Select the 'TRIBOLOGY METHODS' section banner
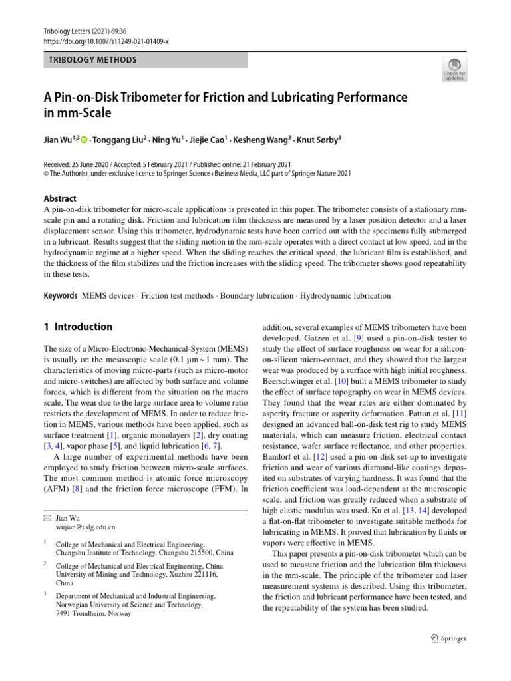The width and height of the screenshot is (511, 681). click(92, 60)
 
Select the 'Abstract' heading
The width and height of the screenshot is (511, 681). click(60, 198)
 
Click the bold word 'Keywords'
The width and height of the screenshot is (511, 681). click(60, 295)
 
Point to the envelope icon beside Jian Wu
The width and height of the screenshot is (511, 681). click(47, 516)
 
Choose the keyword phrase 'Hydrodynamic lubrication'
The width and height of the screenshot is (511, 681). click(345, 295)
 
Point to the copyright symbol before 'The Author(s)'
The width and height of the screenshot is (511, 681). click(45, 174)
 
